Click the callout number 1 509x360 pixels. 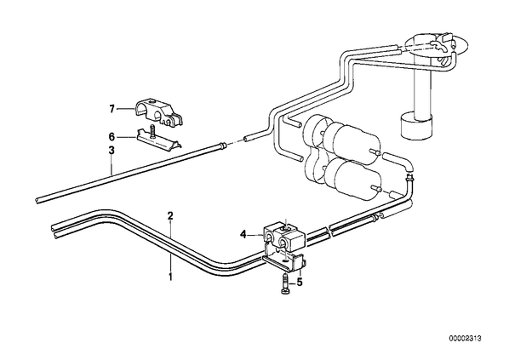(170, 277)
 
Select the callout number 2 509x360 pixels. (170, 216)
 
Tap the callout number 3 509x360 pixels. (112, 151)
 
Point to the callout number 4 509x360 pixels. (243, 234)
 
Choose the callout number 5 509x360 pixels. (300, 283)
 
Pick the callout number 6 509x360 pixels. (112, 137)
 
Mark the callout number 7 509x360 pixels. (112, 110)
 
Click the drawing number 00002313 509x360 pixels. (465, 339)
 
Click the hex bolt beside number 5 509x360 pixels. (284, 285)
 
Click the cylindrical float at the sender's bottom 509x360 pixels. (416, 126)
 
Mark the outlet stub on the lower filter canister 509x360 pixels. (376, 189)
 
